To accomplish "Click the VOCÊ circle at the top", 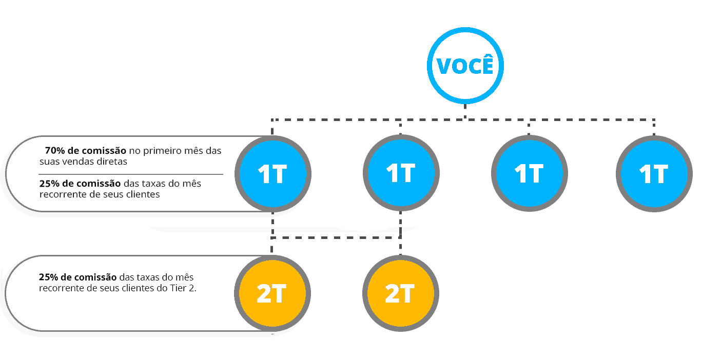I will pyautogui.click(x=465, y=66).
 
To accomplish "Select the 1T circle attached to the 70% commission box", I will pyautogui.click(x=272, y=174).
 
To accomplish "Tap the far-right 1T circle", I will pyautogui.click(x=654, y=174).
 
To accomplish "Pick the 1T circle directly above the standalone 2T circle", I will pyautogui.click(x=401, y=173).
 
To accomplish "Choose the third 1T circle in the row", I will pyautogui.click(x=529, y=174).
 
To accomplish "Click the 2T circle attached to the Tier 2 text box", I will pyautogui.click(x=272, y=294).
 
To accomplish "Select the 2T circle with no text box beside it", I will pyautogui.click(x=400, y=294).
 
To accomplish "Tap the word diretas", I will pyautogui.click(x=113, y=161).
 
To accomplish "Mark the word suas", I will pyautogui.click(x=49, y=161).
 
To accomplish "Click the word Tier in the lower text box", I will pyautogui.click(x=178, y=288).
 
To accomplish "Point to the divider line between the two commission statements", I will pyautogui.click(x=131, y=174).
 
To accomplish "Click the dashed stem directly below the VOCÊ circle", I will pyautogui.click(x=465, y=112).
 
